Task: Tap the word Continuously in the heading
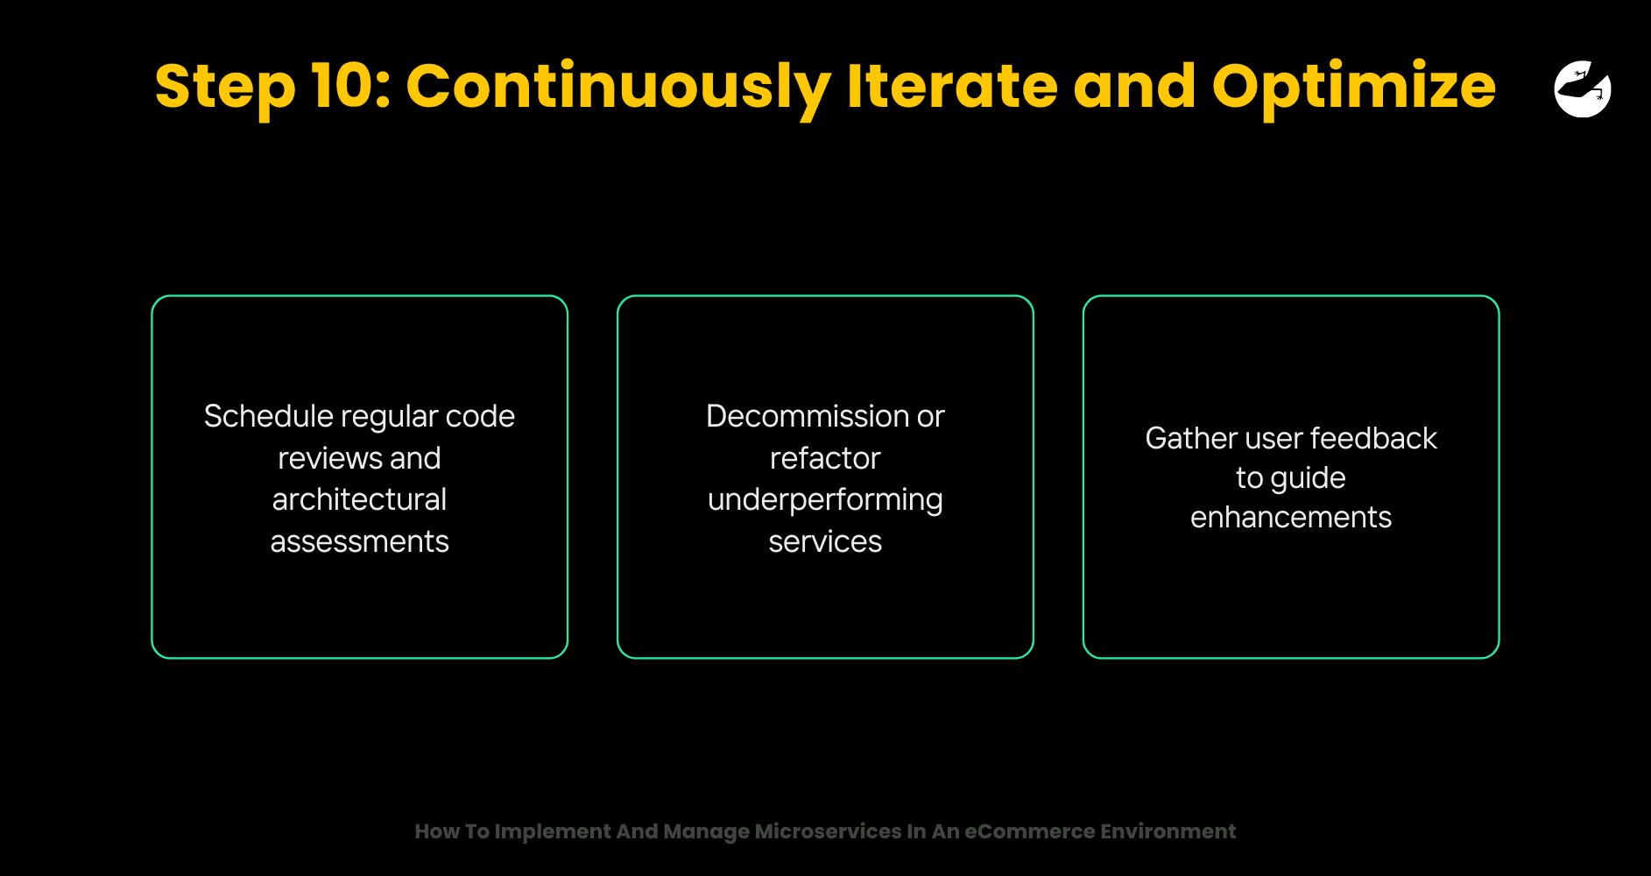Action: [618, 88]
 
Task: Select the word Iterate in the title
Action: [951, 86]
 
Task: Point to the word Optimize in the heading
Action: [1354, 88]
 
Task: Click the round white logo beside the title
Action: [1583, 88]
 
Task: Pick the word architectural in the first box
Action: [359, 499]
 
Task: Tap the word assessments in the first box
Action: [359, 541]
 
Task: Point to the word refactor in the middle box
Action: [825, 458]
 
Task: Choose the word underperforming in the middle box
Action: [825, 500]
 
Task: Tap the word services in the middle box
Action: [825, 541]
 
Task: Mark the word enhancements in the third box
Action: [1291, 517]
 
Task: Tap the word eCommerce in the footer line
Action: [1029, 831]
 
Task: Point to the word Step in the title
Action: [225, 88]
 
